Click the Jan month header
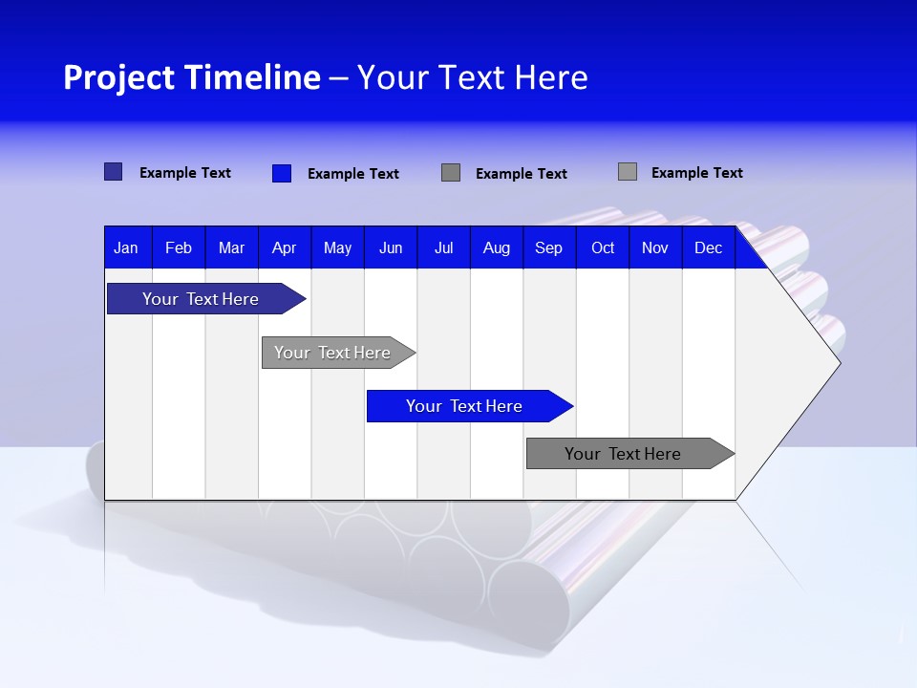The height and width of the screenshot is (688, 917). tap(126, 247)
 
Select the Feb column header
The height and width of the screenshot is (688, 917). tap(179, 247)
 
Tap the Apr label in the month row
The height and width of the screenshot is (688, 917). tap(284, 247)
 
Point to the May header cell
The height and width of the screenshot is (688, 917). tap(337, 247)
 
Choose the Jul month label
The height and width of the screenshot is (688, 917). tap(443, 247)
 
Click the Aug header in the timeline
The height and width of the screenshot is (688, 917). tap(497, 247)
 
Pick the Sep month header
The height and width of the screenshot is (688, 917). tap(549, 247)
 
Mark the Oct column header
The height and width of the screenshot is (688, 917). tap(603, 247)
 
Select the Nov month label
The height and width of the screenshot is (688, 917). tap(655, 247)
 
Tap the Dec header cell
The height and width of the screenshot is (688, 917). tap(709, 247)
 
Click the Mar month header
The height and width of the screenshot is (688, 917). tap(231, 247)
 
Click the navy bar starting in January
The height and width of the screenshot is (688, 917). tap(201, 299)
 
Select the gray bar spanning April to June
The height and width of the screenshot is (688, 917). tap(332, 353)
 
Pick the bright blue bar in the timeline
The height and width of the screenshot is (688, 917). tap(464, 406)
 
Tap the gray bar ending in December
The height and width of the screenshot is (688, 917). tap(623, 454)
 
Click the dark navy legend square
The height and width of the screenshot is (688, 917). tap(114, 172)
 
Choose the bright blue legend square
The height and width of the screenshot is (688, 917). tap(282, 173)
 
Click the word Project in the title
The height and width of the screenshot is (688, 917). tap(118, 77)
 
